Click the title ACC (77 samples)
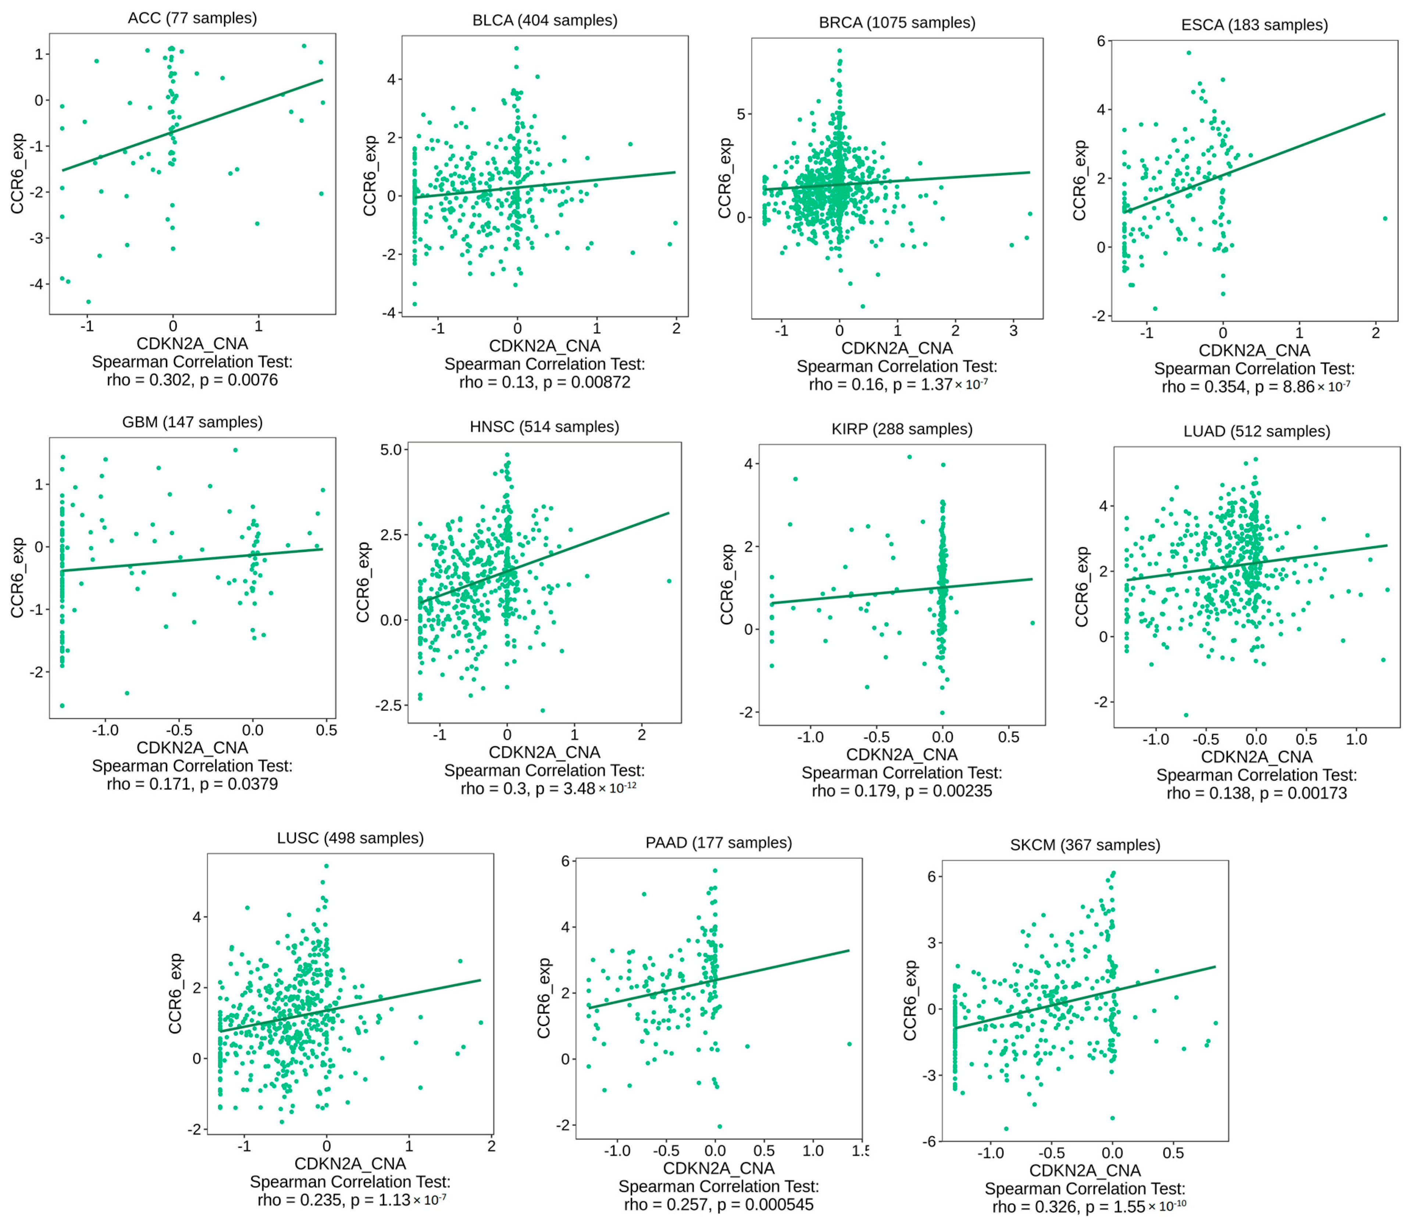(192, 18)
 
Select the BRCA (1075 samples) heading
(897, 23)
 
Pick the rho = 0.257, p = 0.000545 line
(718, 1204)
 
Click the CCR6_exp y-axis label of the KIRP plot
(727, 584)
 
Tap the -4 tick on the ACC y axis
(36, 284)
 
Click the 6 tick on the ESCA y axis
(1101, 41)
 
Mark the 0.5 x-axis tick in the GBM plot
(327, 730)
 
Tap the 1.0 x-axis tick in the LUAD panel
(1356, 739)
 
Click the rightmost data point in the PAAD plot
(849, 1044)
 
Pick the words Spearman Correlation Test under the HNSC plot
(544, 770)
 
